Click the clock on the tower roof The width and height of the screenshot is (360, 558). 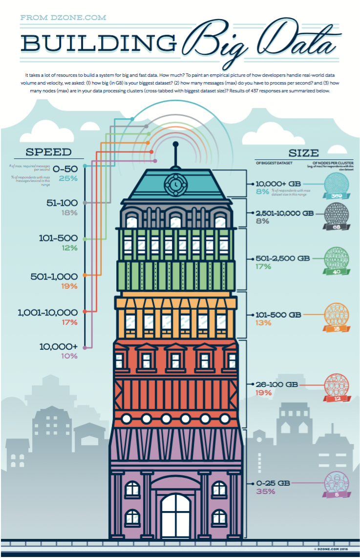(x=174, y=184)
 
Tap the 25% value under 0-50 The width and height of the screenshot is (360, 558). (x=68, y=178)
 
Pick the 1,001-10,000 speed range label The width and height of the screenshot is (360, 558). (x=47, y=312)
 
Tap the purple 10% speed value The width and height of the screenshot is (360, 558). (x=69, y=356)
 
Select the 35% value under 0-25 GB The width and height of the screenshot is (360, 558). (x=266, y=491)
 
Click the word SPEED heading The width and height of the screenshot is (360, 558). (x=48, y=152)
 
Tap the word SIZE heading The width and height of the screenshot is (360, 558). (x=303, y=152)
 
